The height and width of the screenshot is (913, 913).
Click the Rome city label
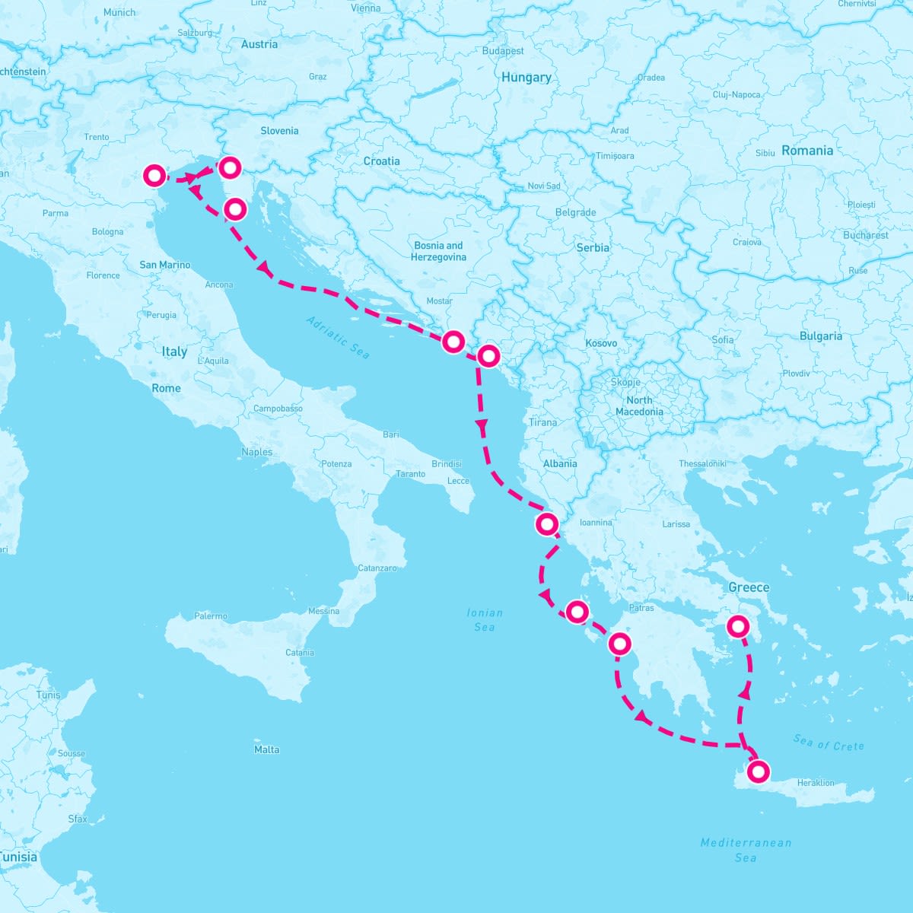[166, 388]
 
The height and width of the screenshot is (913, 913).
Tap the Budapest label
[503, 51]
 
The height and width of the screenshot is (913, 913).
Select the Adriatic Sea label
[338, 337]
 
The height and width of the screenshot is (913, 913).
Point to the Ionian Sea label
[485, 619]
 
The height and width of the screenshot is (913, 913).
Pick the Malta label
[266, 749]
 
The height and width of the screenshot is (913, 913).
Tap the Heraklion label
[816, 782]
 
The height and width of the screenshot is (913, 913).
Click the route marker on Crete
[758, 771]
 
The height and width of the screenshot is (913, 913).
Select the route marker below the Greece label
[737, 627]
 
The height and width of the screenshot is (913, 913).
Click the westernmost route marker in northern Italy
[154, 176]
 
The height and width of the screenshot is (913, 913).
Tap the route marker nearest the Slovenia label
[229, 167]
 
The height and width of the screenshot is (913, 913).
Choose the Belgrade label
[575, 212]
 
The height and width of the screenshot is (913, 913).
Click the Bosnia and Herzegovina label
[438, 251]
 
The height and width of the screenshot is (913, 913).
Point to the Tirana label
[542, 422]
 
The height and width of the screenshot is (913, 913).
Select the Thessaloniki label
[702, 463]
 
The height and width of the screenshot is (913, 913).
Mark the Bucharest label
[865, 235]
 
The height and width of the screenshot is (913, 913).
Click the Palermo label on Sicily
[211, 616]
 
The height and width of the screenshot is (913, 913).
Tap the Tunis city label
[48, 695]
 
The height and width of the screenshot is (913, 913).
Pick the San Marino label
[164, 265]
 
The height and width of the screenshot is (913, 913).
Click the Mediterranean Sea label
[746, 850]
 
